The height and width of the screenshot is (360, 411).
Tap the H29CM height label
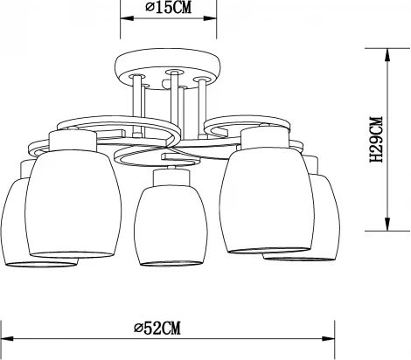tap(377, 142)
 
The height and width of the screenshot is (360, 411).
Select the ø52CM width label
tap(157, 328)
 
